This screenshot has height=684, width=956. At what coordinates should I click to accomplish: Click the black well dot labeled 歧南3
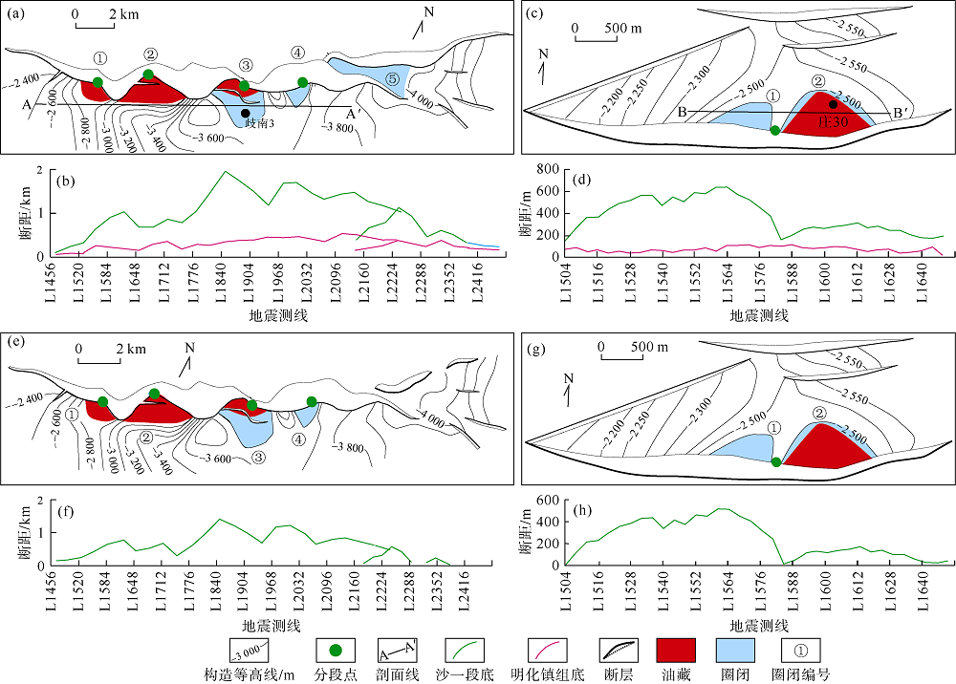[245, 114]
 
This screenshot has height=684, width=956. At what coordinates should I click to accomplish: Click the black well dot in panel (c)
[833, 105]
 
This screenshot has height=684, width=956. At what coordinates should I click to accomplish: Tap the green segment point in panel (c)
[775, 130]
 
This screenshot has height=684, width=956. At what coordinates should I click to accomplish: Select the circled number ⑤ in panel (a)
[392, 78]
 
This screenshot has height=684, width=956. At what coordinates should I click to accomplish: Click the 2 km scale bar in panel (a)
[95, 25]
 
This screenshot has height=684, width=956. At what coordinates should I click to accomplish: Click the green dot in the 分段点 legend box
[336, 650]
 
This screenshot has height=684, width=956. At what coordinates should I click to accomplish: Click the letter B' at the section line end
[898, 114]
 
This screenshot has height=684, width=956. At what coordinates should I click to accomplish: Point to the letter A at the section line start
[26, 105]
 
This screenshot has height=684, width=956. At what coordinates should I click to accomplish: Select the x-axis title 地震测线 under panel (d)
[759, 315]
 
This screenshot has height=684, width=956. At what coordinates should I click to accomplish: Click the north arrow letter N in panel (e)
[189, 348]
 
